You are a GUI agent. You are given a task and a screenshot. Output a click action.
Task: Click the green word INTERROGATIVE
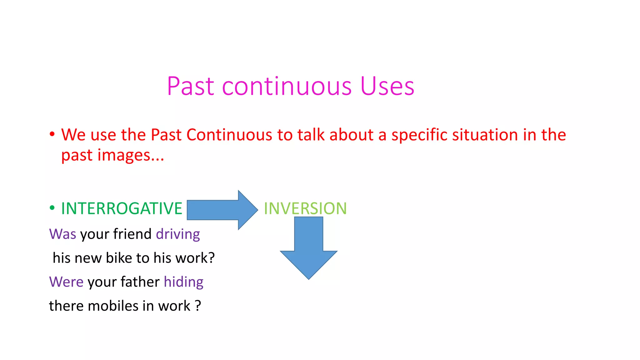pos(122,208)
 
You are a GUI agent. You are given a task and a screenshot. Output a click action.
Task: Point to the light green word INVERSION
pos(305,208)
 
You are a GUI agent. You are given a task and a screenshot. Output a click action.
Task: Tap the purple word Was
pos(62,234)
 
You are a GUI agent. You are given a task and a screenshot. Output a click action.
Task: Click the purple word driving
pos(178,234)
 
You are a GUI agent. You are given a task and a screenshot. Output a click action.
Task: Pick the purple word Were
pos(66,282)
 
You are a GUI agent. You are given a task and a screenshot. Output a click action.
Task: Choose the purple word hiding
pos(183,282)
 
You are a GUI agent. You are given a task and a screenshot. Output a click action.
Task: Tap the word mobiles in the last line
pos(113,306)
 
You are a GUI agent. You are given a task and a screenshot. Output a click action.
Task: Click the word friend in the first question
pos(132,234)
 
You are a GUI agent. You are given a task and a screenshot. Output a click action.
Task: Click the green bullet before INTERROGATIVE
pos(52,208)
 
